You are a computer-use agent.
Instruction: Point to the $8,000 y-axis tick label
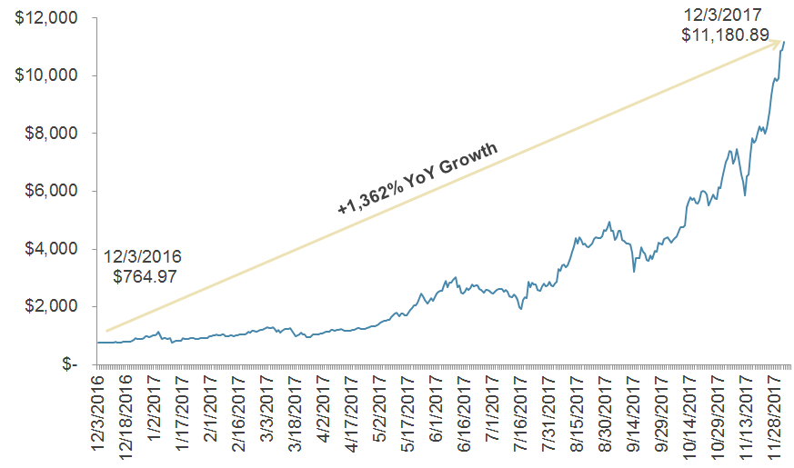(51, 134)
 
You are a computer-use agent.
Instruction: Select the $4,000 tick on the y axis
(51, 249)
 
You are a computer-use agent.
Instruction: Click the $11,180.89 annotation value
(726, 36)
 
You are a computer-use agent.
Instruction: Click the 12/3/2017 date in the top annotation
(724, 15)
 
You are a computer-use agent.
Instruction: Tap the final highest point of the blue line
(784, 42)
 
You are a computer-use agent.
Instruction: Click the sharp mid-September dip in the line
(634, 271)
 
